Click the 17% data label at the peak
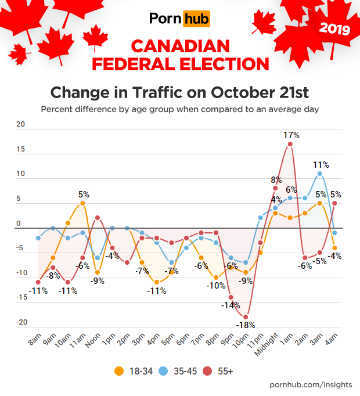291,135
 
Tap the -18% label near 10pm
245,325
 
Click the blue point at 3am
320,174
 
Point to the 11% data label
321,165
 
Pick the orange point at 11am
82,203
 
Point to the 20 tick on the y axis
21,124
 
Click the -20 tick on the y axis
21,322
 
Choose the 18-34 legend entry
135,370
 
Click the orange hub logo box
196,19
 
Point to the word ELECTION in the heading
216,63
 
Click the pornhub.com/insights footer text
311,385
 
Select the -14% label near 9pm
229,305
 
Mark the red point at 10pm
246,316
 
